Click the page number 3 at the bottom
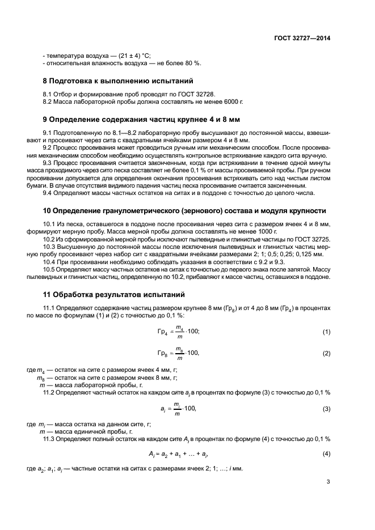click(328, 482)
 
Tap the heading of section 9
click(142, 120)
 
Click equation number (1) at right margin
click(326, 331)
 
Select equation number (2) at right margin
click(326, 353)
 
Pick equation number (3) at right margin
click(326, 408)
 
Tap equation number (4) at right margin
click(326, 454)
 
